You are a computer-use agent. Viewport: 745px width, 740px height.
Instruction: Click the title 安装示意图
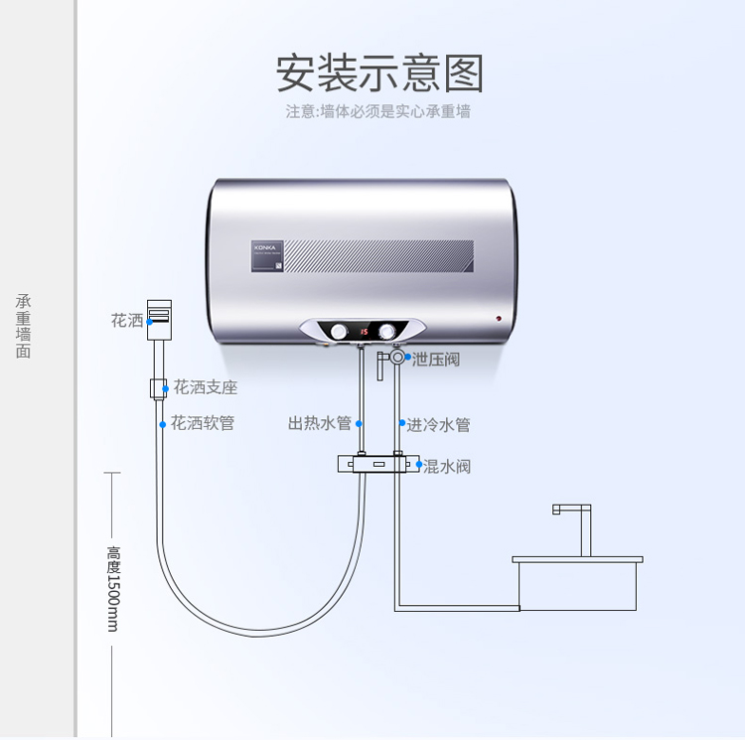[379, 74]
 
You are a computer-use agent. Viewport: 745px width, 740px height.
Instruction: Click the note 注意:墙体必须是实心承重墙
[378, 111]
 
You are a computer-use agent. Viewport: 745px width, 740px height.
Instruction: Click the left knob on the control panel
[341, 331]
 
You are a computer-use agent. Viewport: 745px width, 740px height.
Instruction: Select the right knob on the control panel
[386, 331]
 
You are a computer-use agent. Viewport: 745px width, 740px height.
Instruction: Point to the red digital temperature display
[364, 331]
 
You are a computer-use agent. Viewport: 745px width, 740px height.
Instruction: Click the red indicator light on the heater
[498, 319]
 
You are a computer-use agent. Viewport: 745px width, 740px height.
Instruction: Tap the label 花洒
[127, 321]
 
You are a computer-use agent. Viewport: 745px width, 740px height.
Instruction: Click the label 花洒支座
[206, 386]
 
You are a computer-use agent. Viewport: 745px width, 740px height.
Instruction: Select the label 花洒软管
[203, 423]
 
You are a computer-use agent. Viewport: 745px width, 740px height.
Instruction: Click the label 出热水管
[320, 424]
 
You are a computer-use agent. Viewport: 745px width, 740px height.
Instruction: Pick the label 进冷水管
[438, 425]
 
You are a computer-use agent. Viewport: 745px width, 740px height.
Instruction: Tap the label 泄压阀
[436, 359]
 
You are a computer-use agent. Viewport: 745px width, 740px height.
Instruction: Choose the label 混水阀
[447, 466]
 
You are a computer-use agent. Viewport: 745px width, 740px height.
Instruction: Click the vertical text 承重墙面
[24, 326]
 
